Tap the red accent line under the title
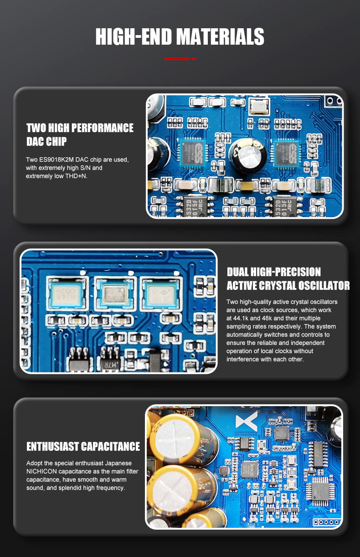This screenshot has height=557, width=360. pyautogui.click(x=180, y=58)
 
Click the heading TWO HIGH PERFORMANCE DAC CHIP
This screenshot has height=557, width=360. pyautogui.click(x=80, y=134)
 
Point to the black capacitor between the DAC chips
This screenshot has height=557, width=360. pyautogui.click(x=247, y=155)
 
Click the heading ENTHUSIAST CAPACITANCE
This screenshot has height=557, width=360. pyautogui.click(x=83, y=446)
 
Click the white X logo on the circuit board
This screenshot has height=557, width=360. pyautogui.click(x=247, y=420)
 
